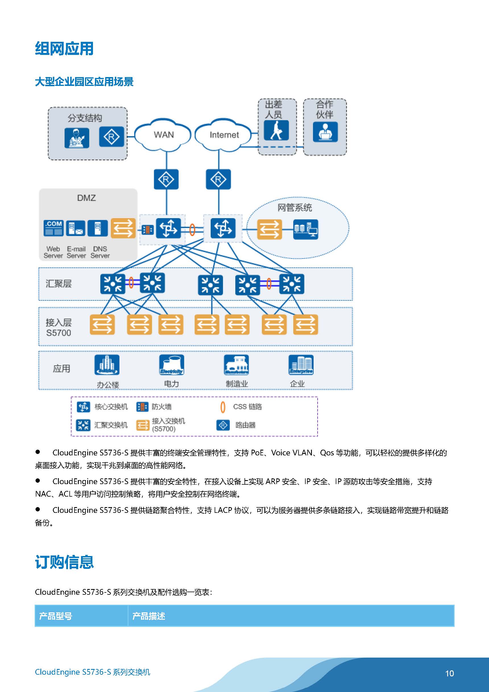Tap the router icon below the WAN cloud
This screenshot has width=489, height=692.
coord(166,179)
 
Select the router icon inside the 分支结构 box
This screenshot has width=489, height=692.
coord(111,137)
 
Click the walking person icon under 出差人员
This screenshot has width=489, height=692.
coord(276,131)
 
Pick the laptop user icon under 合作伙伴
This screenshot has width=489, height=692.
coord(325,132)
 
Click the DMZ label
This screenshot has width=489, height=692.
coord(86,198)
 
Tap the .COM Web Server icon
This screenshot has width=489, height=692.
coord(53,228)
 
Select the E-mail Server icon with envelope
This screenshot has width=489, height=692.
coord(75,228)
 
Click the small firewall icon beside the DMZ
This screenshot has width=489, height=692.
coord(148,230)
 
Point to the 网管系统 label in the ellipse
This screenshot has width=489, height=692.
coord(294,208)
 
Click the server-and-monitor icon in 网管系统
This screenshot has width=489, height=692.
coord(305,230)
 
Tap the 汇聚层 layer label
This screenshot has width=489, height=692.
coord(59,284)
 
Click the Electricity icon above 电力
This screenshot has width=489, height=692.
coord(171,365)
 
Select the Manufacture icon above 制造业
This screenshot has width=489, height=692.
coord(236,365)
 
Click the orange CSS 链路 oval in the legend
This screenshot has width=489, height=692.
coord(223,407)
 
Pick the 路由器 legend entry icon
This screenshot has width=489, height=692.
coord(223,425)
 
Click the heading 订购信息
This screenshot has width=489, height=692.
coord(64,562)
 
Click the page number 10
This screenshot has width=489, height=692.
coord(449,674)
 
